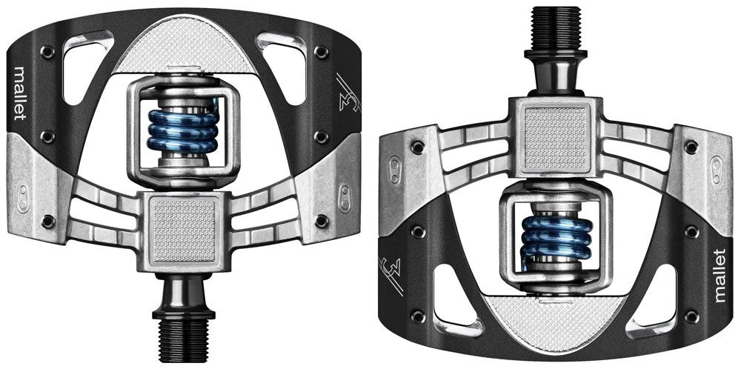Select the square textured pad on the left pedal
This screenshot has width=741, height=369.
(x=182, y=223)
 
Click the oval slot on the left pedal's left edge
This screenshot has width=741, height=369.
(x=22, y=197)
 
